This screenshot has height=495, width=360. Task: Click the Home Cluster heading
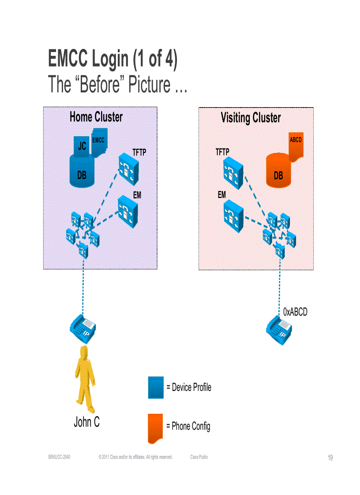(x=96, y=117)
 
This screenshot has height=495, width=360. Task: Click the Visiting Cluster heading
(x=250, y=118)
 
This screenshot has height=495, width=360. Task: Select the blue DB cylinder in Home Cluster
(x=82, y=172)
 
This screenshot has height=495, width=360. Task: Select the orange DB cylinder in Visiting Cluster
(x=278, y=173)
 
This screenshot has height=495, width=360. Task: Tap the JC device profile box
(x=82, y=146)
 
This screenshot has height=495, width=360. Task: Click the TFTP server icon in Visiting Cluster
(x=233, y=172)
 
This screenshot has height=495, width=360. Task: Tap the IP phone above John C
(x=83, y=328)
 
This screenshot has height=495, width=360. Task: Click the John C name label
(x=86, y=422)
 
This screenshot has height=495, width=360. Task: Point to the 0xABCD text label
(x=295, y=312)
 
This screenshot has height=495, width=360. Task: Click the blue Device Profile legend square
(x=156, y=388)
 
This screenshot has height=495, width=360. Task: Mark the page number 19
(x=330, y=458)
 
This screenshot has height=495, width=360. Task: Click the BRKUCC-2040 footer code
(x=59, y=457)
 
